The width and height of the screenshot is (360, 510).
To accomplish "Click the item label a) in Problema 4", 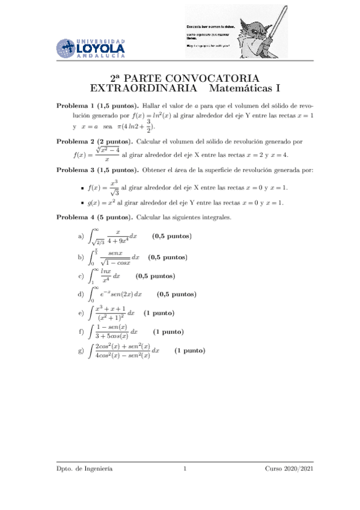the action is click(x=81, y=237).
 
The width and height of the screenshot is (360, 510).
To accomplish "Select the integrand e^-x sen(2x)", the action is click(x=121, y=295).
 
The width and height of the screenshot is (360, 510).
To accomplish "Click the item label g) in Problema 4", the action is click(x=81, y=351).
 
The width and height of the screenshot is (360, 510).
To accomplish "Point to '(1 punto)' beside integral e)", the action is click(x=159, y=313).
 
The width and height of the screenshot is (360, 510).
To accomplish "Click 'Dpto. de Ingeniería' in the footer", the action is click(x=84, y=469).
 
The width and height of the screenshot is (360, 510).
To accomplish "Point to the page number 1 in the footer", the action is click(x=185, y=469).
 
